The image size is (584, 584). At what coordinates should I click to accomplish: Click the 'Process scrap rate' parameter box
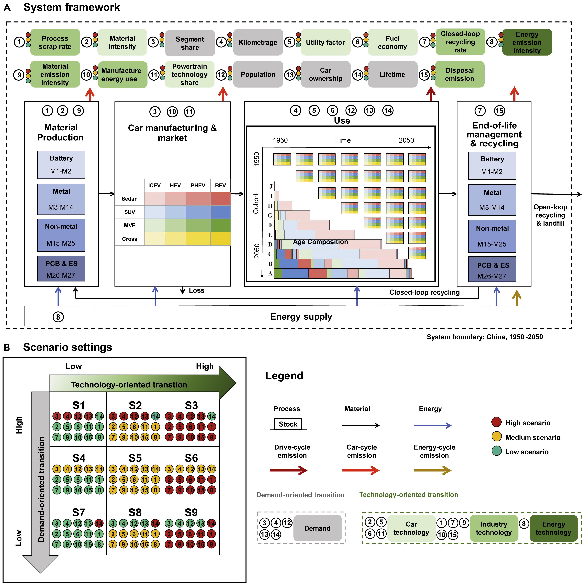coord(55,42)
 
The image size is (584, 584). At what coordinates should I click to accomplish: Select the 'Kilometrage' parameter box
coord(258,42)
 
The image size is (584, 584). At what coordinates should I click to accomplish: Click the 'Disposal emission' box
coord(459,74)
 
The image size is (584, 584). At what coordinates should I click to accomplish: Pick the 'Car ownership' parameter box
coord(326,74)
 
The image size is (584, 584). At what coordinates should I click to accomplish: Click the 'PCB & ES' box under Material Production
coord(61,269)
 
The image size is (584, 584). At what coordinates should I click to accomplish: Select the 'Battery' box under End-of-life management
coord(492,165)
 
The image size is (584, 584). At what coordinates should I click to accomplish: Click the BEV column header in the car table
coord(220,185)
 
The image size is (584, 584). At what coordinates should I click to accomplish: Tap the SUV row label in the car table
coord(129,212)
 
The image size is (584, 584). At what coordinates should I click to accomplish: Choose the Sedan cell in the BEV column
coord(220,199)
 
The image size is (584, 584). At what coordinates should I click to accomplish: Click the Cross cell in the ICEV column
coord(155,239)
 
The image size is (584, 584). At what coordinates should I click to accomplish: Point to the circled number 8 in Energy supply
coord(58,317)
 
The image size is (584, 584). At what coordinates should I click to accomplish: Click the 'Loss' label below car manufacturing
coord(196,290)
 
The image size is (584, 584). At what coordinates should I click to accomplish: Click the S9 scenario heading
coord(191,512)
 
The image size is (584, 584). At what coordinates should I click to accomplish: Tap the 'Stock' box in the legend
coord(288,424)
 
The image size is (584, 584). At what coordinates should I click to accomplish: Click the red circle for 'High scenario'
coord(496,422)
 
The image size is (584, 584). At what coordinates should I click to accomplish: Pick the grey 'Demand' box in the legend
coord(317,528)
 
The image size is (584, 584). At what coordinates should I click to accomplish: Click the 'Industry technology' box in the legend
coord(494,528)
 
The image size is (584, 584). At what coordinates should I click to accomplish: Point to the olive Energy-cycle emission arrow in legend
coord(432,470)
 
